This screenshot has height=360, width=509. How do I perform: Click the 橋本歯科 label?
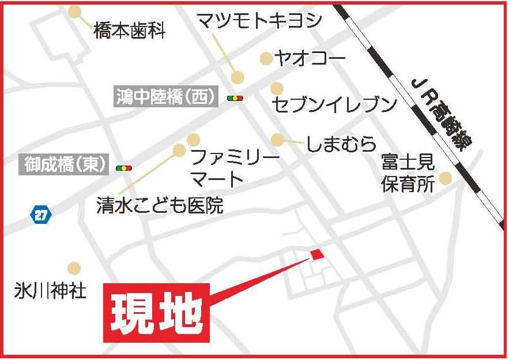pyautogui.click(x=129, y=31)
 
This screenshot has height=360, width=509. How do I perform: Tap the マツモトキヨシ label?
pyautogui.click(x=258, y=21)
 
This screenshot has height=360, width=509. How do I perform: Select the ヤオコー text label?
pyautogui.click(x=310, y=58)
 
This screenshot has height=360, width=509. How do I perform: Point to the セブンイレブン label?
pyautogui.click(x=334, y=104)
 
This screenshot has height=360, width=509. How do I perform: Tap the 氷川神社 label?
pyautogui.click(x=50, y=290)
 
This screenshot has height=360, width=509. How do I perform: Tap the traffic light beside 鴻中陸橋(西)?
pyautogui.click(x=235, y=99)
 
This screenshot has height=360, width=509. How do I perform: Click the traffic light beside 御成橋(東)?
pyautogui.click(x=123, y=168)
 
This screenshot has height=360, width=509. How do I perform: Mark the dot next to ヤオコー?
pyautogui.click(x=266, y=58)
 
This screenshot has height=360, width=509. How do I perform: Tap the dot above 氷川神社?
pyautogui.click(x=74, y=268)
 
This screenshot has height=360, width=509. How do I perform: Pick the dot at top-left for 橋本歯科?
pyautogui.click(x=75, y=12)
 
